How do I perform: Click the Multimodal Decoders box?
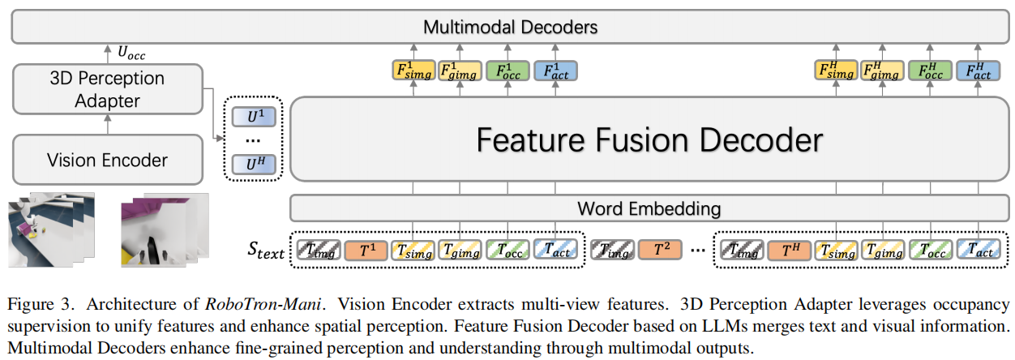(x=510, y=27)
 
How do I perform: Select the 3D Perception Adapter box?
(x=108, y=89)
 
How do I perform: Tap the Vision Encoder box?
(x=108, y=159)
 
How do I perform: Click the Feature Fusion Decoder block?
(x=649, y=139)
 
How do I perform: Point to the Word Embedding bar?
(x=649, y=208)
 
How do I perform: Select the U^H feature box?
(x=255, y=165)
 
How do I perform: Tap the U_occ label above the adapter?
(x=131, y=54)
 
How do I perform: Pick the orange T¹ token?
(x=366, y=251)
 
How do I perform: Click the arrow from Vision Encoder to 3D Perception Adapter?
(x=108, y=123)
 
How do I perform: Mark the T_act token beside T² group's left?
(x=556, y=251)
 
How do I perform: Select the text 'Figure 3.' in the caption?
(x=34, y=305)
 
